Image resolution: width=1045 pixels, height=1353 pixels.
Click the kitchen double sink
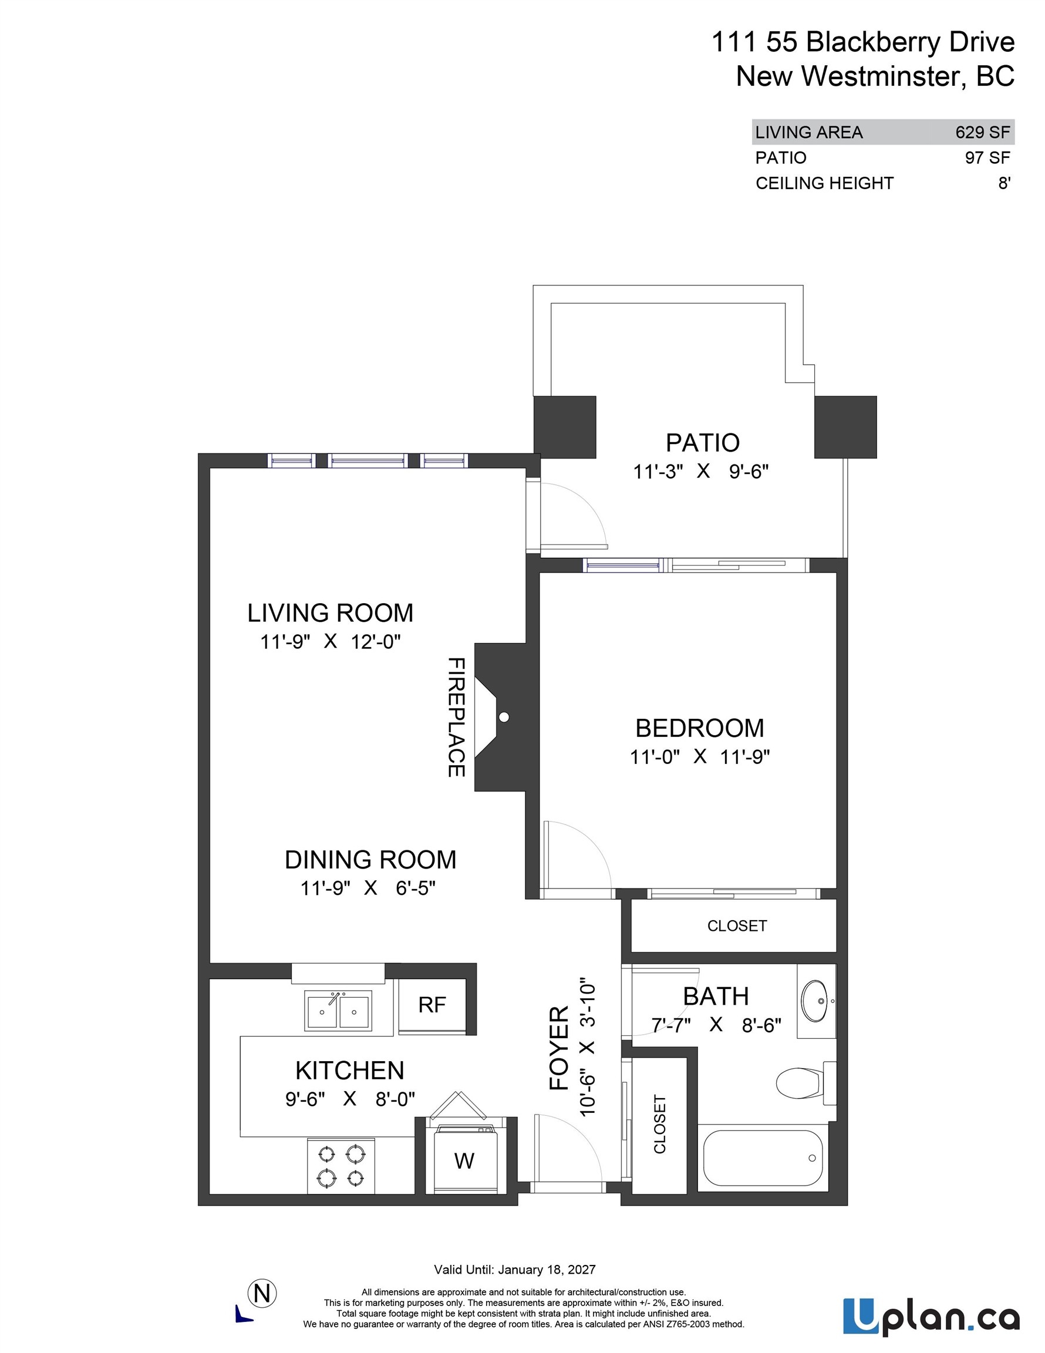click(x=338, y=1011)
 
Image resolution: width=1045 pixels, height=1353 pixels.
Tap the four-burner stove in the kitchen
click(x=341, y=1164)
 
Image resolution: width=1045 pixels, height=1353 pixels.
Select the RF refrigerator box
click(x=432, y=1005)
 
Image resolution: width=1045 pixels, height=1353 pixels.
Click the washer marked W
click(x=464, y=1160)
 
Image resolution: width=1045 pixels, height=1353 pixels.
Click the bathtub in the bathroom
click(x=764, y=1158)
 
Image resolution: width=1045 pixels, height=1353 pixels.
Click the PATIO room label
click(x=703, y=443)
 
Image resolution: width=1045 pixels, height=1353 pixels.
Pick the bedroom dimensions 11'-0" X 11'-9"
click(x=699, y=756)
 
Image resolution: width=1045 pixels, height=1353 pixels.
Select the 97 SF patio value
click(x=987, y=158)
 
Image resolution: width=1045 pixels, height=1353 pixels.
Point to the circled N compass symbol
click(x=262, y=1294)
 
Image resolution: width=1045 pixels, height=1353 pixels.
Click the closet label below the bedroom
click(x=737, y=925)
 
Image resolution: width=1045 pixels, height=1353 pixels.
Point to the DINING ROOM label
click(x=370, y=860)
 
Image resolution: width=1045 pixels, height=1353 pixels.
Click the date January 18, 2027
click(x=547, y=1270)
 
